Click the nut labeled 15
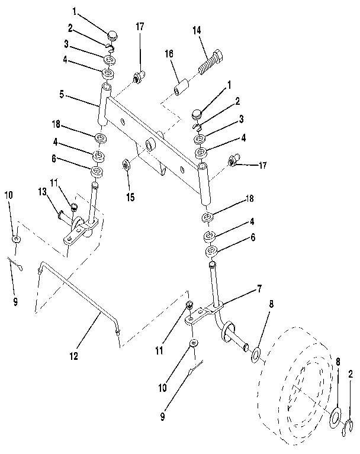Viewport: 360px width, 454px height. coord(126,163)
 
